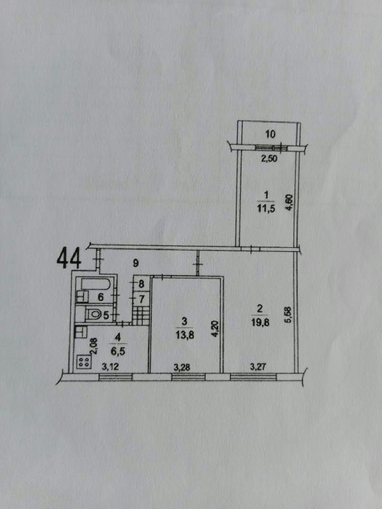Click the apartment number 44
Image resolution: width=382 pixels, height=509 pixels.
69,259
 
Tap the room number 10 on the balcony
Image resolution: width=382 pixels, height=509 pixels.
271,134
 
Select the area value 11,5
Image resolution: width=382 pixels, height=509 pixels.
267,209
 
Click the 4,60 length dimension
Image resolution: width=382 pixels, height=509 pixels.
290,203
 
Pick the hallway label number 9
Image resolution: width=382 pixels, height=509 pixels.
136,263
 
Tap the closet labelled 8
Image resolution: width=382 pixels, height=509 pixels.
141,285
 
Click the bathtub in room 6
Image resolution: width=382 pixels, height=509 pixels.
95,284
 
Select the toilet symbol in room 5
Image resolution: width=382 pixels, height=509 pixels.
95,314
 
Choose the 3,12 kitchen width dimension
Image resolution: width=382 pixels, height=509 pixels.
111,367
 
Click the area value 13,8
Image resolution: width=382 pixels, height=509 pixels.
185,335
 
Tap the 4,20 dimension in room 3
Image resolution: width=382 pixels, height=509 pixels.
215,329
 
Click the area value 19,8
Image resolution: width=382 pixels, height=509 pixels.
259,322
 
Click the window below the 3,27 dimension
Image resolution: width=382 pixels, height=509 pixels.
253,377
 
